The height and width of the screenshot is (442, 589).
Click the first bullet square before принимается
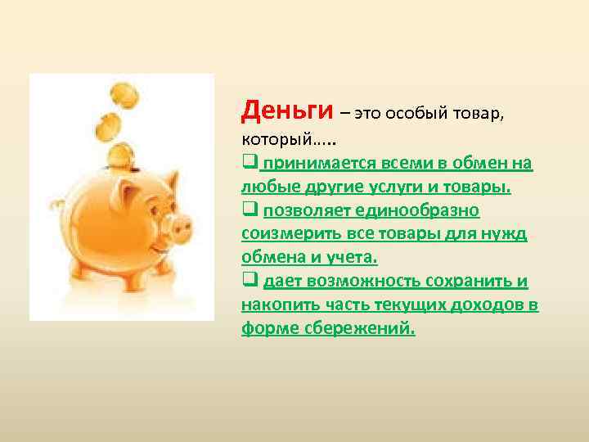[250, 163]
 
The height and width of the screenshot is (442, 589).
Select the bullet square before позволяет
[250, 210]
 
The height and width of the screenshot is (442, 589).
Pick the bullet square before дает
[250, 282]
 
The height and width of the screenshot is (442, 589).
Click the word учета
[353, 258]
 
